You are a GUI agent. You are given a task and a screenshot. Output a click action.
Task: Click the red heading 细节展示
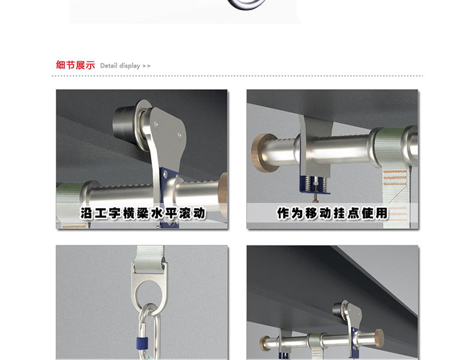point(75,65)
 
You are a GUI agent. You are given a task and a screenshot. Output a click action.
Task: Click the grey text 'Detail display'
point(120,66)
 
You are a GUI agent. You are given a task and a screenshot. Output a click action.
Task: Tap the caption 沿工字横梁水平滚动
point(142,214)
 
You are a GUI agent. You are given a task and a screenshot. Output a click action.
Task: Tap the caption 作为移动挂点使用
point(332,213)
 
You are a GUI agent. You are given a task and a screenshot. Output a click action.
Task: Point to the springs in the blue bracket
point(314,184)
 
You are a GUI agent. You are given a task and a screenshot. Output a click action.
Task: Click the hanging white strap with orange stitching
point(397,198)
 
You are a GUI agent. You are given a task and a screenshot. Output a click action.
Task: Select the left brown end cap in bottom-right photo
point(265,343)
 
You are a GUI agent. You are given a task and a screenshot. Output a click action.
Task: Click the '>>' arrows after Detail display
point(146,66)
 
